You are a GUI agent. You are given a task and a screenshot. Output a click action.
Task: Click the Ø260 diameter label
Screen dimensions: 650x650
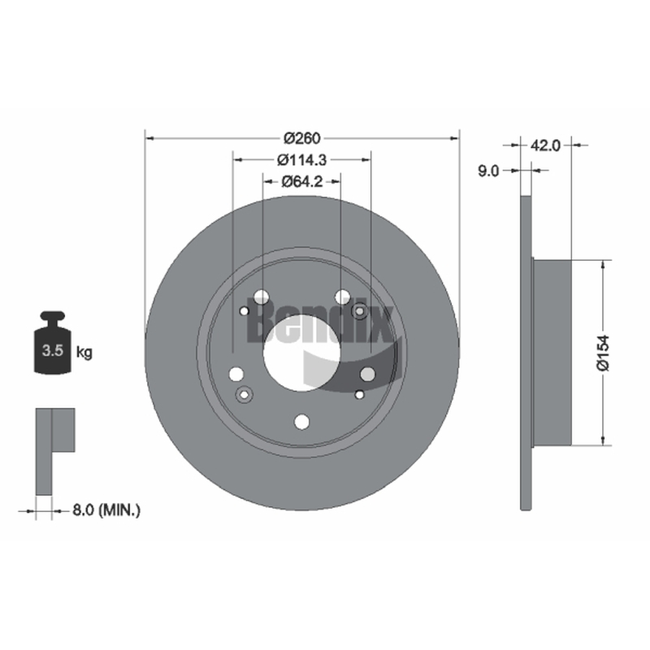click(301, 137)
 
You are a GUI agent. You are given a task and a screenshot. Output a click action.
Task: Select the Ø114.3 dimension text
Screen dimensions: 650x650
click(301, 159)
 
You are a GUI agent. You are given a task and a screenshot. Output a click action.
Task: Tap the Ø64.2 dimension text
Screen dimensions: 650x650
click(301, 181)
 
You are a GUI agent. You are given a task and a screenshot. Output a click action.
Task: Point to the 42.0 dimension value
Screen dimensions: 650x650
click(545, 145)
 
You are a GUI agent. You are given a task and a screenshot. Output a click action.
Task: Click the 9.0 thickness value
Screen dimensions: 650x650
click(489, 171)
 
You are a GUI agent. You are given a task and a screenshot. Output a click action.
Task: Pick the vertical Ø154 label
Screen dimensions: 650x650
click(603, 353)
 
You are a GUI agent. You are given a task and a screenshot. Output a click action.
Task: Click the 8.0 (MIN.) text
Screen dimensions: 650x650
click(106, 510)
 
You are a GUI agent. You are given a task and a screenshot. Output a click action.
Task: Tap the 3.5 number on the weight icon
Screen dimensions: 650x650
click(53, 350)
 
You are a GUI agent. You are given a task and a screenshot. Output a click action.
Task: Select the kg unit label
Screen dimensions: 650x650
click(84, 353)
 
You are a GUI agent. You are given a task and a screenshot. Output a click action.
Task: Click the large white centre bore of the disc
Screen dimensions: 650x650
click(301, 353)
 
